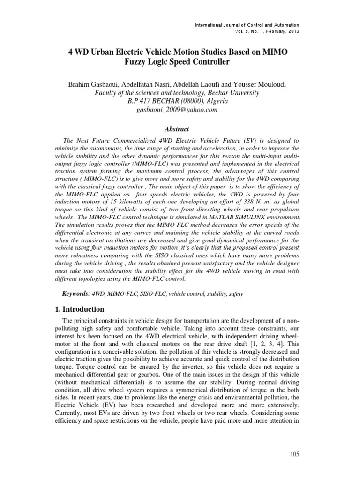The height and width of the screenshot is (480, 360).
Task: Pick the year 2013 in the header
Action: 292,31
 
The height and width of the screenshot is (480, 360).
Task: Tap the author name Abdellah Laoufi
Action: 198,84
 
